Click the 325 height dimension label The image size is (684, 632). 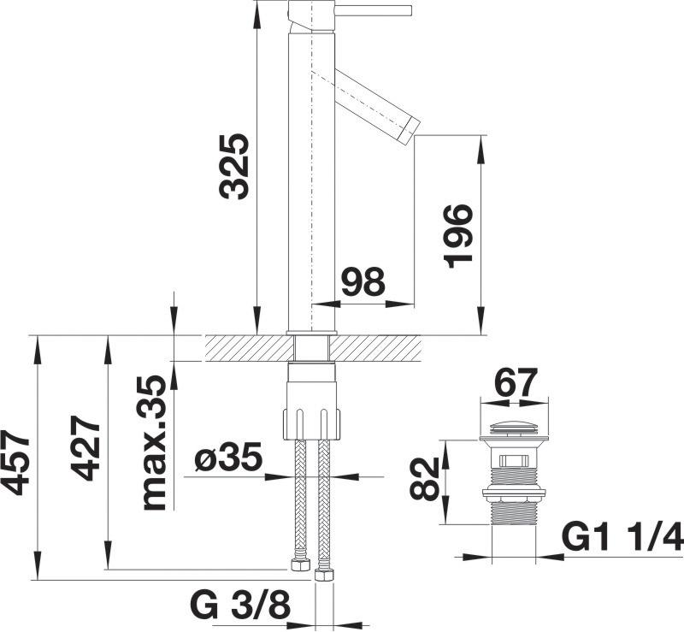[234, 166]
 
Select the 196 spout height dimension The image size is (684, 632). [458, 236]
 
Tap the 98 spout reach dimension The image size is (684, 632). [363, 281]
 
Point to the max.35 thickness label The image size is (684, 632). [155, 443]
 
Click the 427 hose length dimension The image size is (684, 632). [85, 448]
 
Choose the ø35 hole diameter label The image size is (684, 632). [228, 458]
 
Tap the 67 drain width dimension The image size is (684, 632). [515, 383]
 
